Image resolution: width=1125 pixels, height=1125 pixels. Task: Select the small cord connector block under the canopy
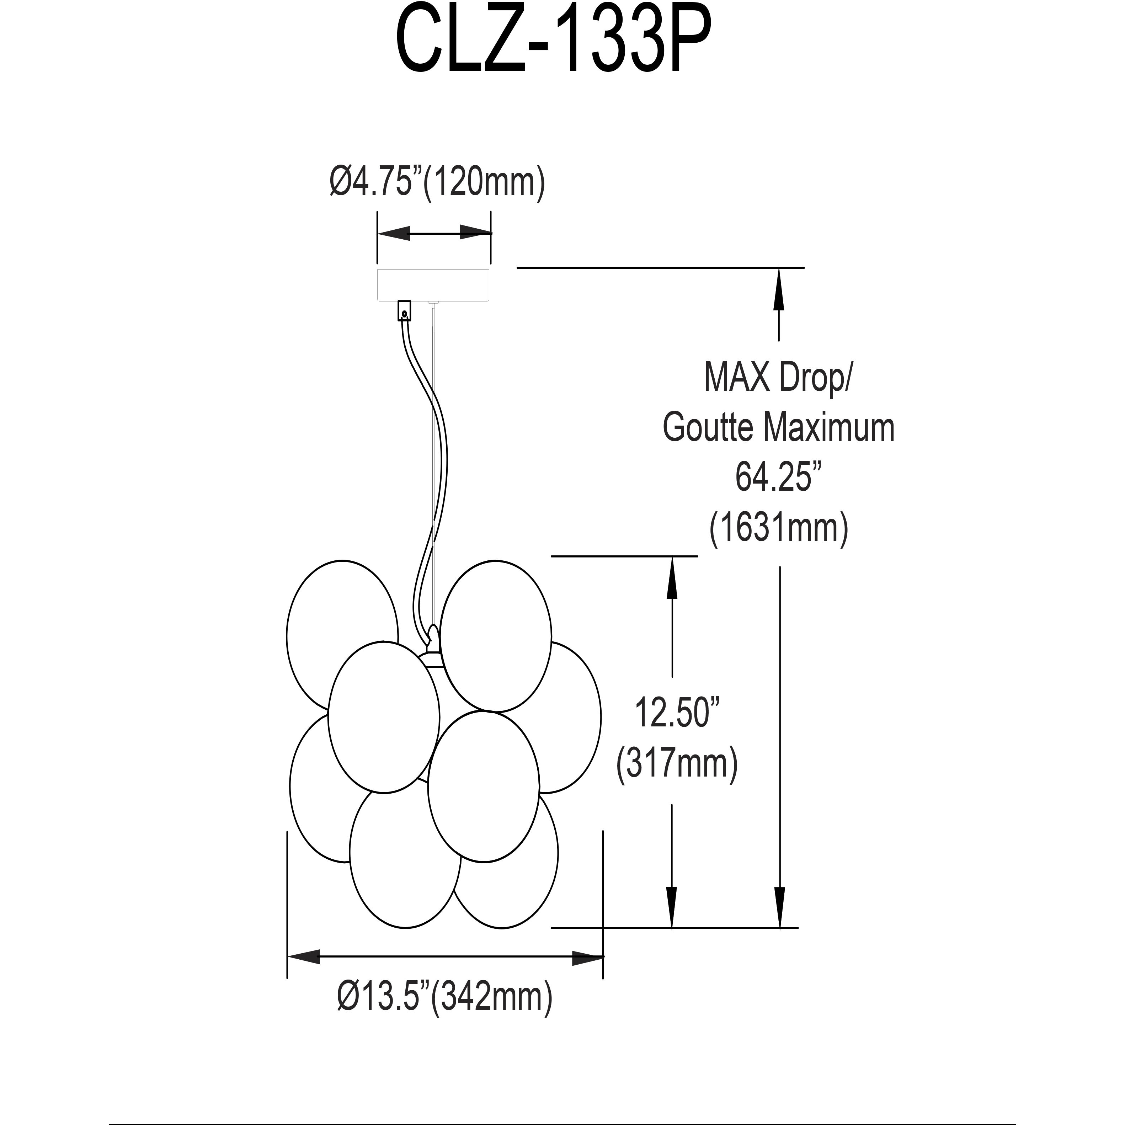pyautogui.click(x=404, y=311)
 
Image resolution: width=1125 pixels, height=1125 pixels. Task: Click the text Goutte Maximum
pyautogui.click(x=779, y=428)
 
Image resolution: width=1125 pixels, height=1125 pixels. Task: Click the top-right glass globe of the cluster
pyautogui.click(x=496, y=635)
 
